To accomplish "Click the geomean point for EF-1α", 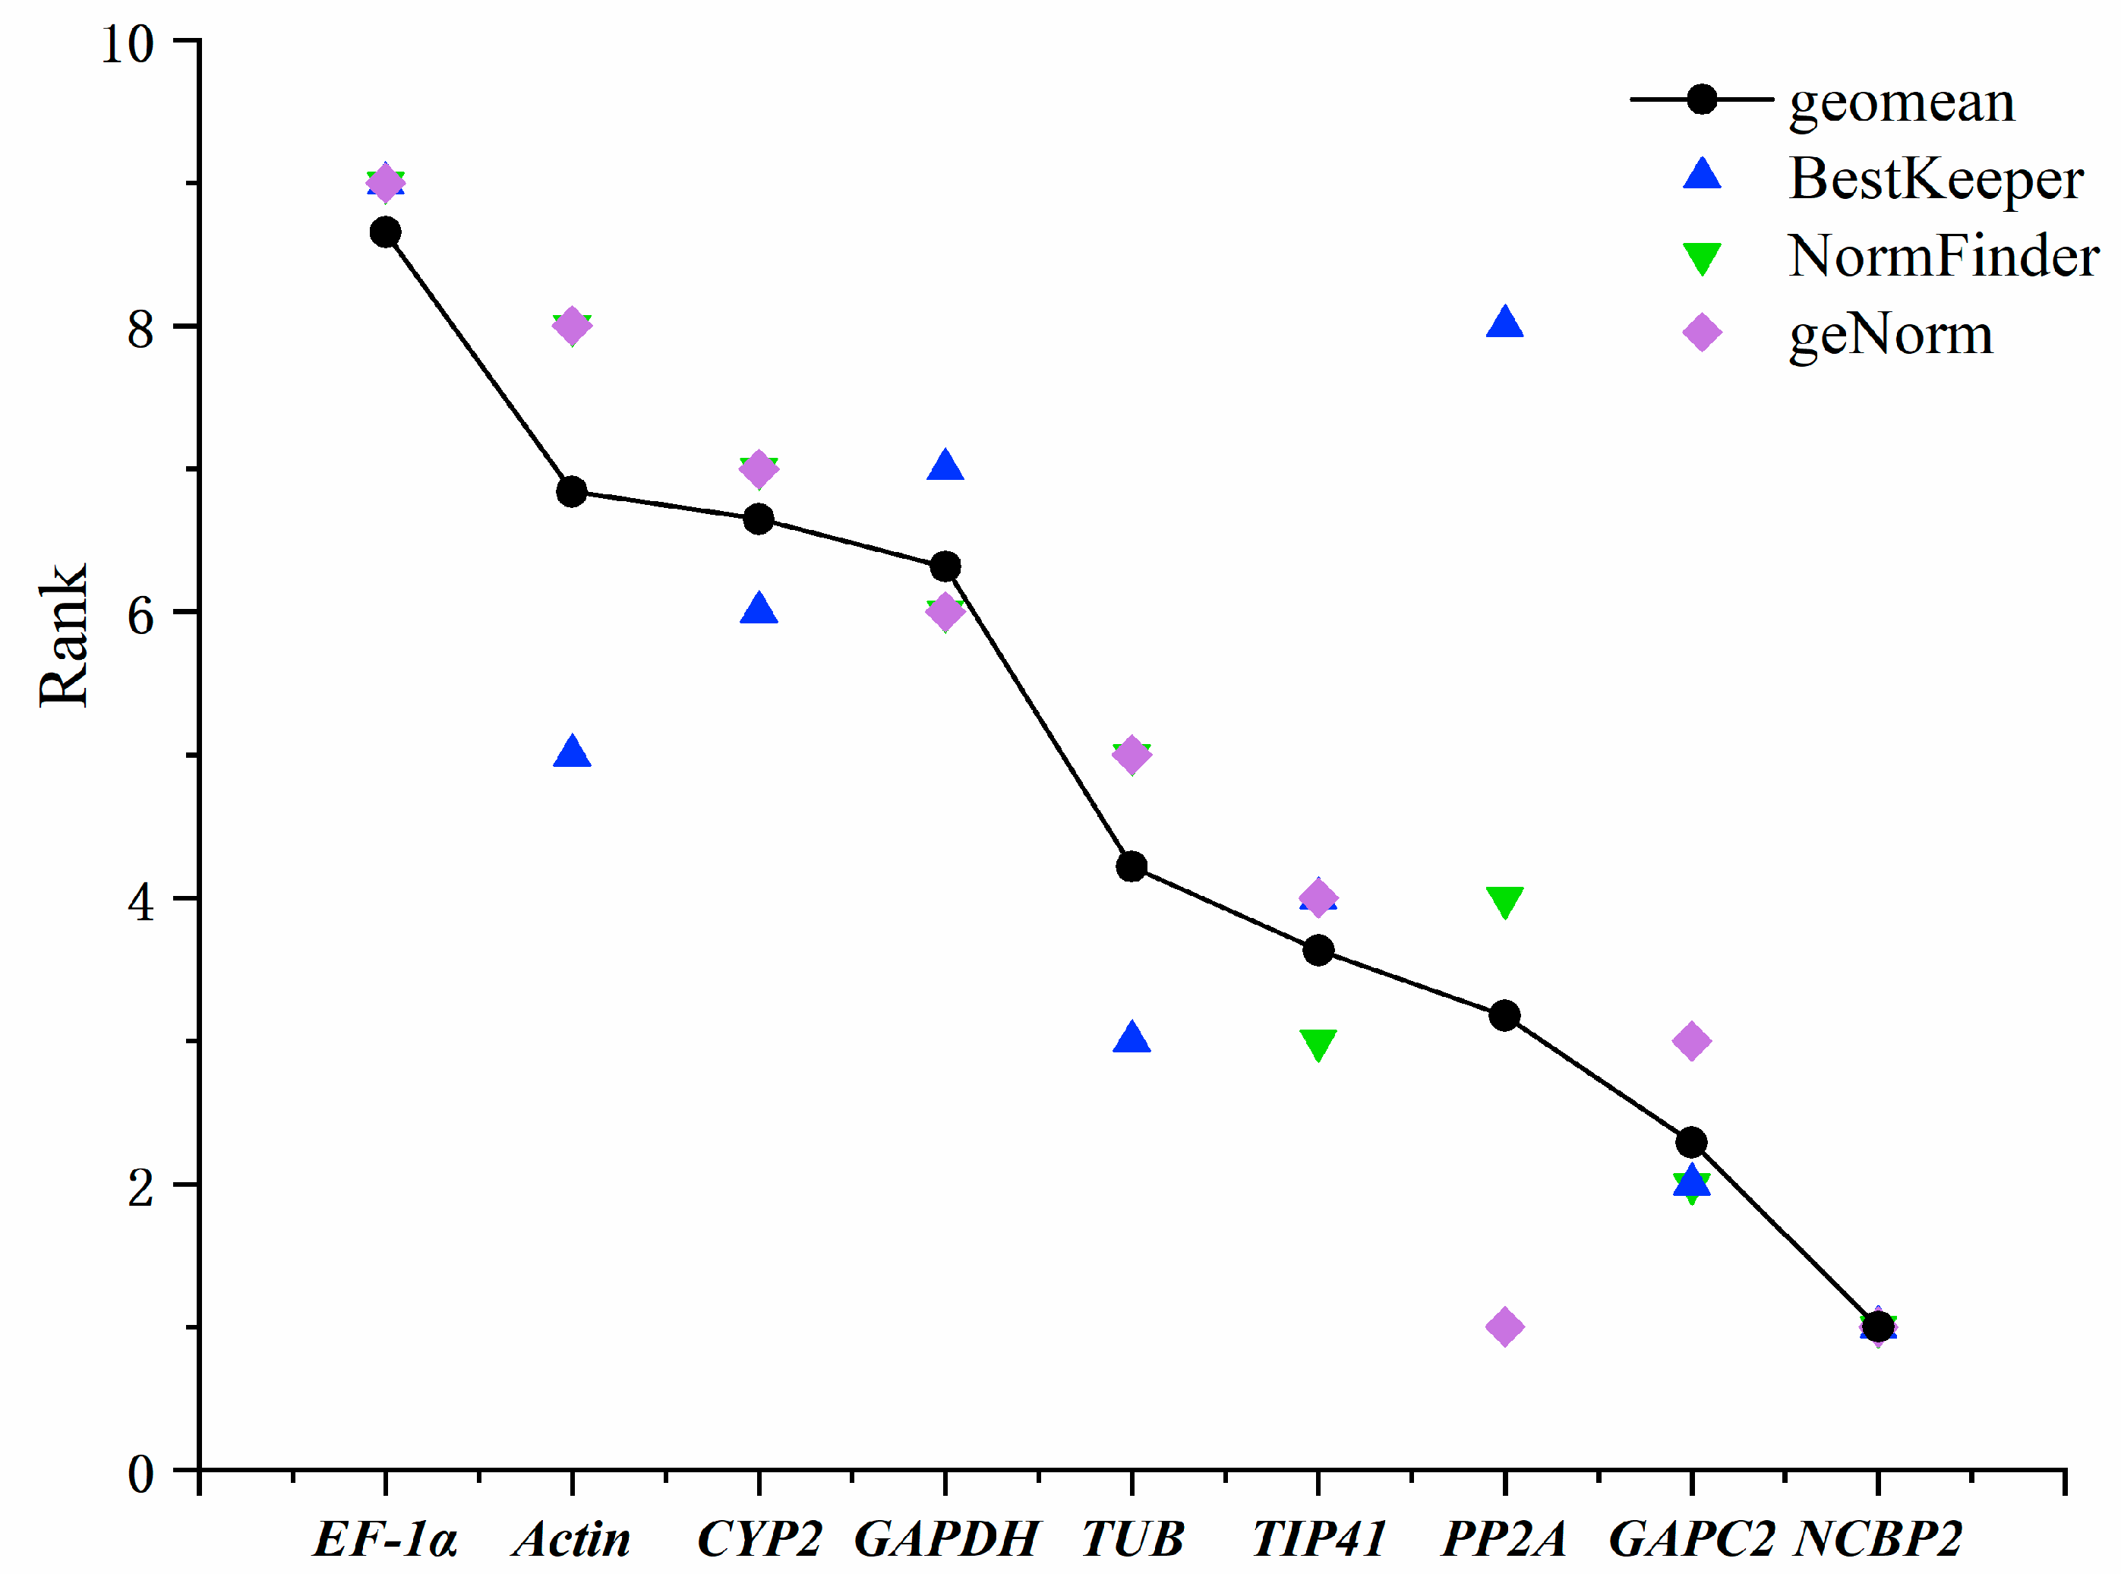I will pyautogui.click(x=385, y=232).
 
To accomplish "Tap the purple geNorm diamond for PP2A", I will pyautogui.click(x=1504, y=1326).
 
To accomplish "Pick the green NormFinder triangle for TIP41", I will pyautogui.click(x=1318, y=1043).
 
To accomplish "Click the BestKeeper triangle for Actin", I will pyautogui.click(x=572, y=752).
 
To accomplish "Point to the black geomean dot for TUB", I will pyautogui.click(x=1131, y=866).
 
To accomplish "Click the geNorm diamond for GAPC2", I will pyautogui.click(x=1691, y=1040).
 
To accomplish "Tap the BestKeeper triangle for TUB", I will pyautogui.click(x=1131, y=1039).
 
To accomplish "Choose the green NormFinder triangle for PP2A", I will pyautogui.click(x=1504, y=901).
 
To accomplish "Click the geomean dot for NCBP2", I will pyautogui.click(x=1877, y=1326).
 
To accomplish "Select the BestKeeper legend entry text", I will pyautogui.click(x=1935, y=178).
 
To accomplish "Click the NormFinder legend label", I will pyautogui.click(x=1943, y=257).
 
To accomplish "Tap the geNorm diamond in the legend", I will pyautogui.click(x=1702, y=333).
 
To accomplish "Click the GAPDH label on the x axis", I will pyautogui.click(x=945, y=1538).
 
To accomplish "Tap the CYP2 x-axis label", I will pyautogui.click(x=759, y=1538).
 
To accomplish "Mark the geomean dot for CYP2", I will pyautogui.click(x=759, y=519).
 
